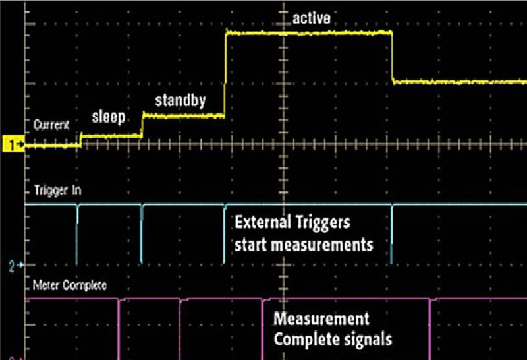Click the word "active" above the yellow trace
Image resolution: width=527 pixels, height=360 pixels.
311,18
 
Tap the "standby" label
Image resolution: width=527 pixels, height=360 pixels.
180,101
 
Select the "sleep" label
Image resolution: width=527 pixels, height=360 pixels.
109,117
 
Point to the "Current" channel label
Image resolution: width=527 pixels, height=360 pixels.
51,125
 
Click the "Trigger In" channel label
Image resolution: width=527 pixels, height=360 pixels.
57,191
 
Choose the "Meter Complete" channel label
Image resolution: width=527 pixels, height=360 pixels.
70,285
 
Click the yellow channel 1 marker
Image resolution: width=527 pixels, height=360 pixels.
13,145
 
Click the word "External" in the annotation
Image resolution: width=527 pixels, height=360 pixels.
263,222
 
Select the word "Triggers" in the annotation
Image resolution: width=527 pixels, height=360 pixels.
323,223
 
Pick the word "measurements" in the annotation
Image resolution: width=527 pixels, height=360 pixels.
322,245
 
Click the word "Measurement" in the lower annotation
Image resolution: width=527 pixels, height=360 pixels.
321,318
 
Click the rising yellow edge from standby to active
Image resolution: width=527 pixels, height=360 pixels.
225,74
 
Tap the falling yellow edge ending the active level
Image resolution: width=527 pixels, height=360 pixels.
392,57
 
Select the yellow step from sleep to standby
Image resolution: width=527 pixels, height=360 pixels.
142,125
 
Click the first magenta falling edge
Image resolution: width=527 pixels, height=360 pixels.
119,329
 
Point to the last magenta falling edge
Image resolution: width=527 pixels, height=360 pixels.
430,329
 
